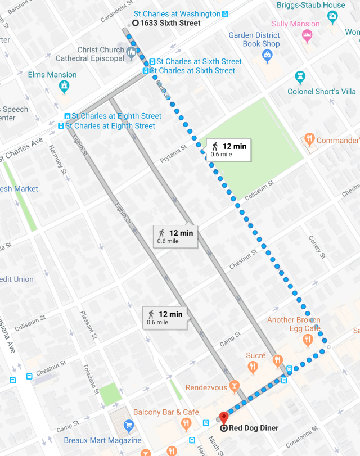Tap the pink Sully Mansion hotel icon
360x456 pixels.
coord(307,36)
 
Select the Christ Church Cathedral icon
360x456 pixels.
coord(132,53)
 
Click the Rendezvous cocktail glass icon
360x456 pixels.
coord(235,387)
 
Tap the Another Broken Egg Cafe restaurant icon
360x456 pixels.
coord(308,340)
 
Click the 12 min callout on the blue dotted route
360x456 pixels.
coord(227,149)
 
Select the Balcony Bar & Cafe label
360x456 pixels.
coord(166,412)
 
